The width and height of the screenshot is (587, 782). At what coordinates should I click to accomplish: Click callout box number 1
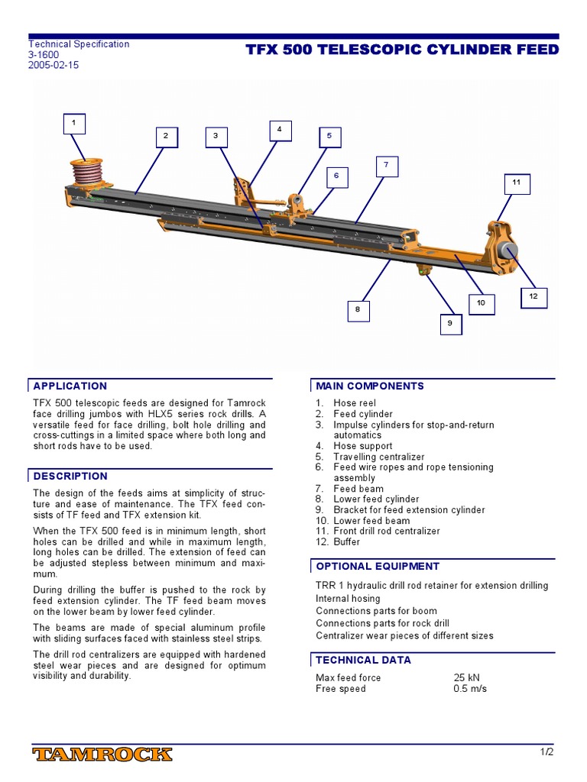click(74, 124)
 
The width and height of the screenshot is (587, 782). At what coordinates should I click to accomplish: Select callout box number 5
click(329, 136)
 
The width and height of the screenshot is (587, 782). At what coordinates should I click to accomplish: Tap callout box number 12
click(533, 296)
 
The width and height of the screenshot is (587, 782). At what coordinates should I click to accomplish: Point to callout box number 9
click(450, 324)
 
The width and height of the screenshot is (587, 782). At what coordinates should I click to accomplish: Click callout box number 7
click(387, 165)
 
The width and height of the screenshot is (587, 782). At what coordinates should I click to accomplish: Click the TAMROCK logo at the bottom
click(102, 755)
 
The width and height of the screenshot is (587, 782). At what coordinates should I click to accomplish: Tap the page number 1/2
click(546, 752)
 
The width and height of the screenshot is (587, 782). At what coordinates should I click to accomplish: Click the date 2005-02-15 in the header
click(54, 66)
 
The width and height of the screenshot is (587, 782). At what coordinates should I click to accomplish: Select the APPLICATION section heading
click(70, 386)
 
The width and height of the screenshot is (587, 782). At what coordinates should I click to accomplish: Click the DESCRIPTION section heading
click(70, 477)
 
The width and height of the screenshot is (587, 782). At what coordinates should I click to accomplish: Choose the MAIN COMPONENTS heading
click(370, 386)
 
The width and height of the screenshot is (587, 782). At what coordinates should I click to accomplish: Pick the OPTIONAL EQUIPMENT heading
click(378, 567)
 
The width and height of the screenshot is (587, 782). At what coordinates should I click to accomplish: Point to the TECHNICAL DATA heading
click(363, 660)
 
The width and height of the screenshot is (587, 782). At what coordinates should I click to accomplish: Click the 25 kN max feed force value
click(466, 678)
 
